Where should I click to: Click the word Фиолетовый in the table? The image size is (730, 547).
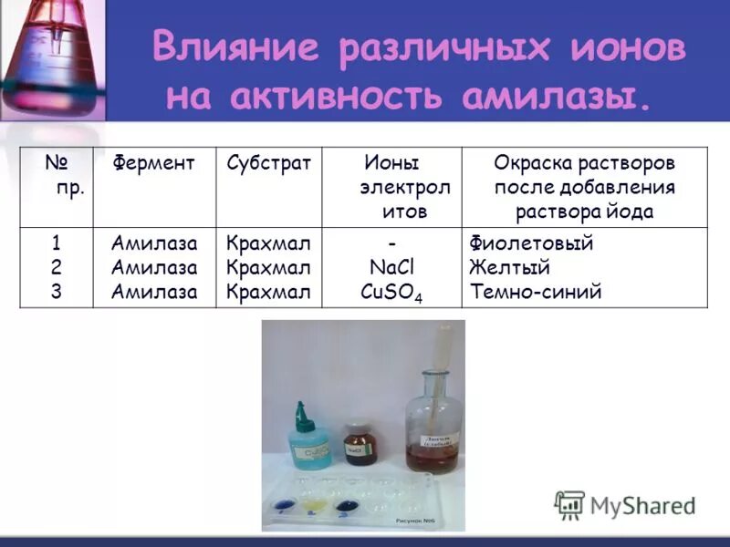pyautogui.click(x=531, y=243)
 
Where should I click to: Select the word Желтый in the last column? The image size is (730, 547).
pyautogui.click(x=509, y=268)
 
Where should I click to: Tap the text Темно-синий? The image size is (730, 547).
pyautogui.click(x=536, y=293)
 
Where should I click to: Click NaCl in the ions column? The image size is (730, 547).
pyautogui.click(x=391, y=268)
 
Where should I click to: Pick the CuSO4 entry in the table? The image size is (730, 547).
pyautogui.click(x=391, y=294)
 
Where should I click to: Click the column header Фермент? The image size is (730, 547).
pyautogui.click(x=153, y=163)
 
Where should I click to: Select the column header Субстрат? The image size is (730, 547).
pyautogui.click(x=269, y=163)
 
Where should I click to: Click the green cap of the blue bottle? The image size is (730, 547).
pyautogui.click(x=306, y=412)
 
